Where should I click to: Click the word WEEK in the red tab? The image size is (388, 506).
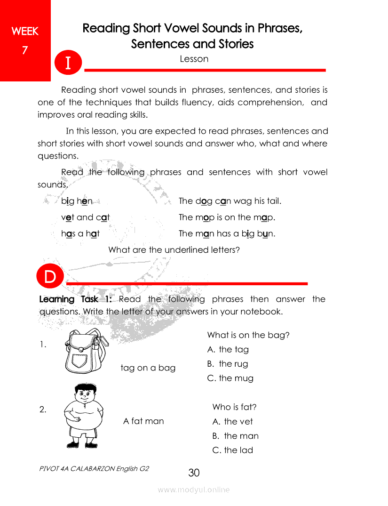[x=25, y=32]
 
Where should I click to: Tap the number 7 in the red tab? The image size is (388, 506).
[x=25, y=50]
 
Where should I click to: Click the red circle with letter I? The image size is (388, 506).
[x=68, y=63]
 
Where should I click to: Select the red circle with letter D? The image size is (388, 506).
[x=50, y=277]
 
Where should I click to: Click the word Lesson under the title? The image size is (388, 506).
[x=194, y=59]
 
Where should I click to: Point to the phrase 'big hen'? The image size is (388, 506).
[x=77, y=201]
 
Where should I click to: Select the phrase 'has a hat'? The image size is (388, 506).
[x=80, y=233]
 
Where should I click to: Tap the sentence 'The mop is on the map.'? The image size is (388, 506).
[x=227, y=217]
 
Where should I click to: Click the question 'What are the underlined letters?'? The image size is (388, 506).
[x=174, y=250]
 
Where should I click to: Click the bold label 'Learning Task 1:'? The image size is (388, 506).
[x=75, y=299]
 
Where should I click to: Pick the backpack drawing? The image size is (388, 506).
[x=84, y=350]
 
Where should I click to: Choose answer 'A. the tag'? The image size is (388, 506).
[x=228, y=350]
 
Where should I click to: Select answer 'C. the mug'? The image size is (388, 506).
[x=230, y=378]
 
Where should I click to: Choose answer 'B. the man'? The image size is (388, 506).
[x=235, y=436]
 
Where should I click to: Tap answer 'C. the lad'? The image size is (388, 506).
[x=232, y=450]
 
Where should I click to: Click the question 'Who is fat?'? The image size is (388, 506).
[x=234, y=407]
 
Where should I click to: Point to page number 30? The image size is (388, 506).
[x=194, y=473]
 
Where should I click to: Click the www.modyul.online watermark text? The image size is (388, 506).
[x=194, y=490]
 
